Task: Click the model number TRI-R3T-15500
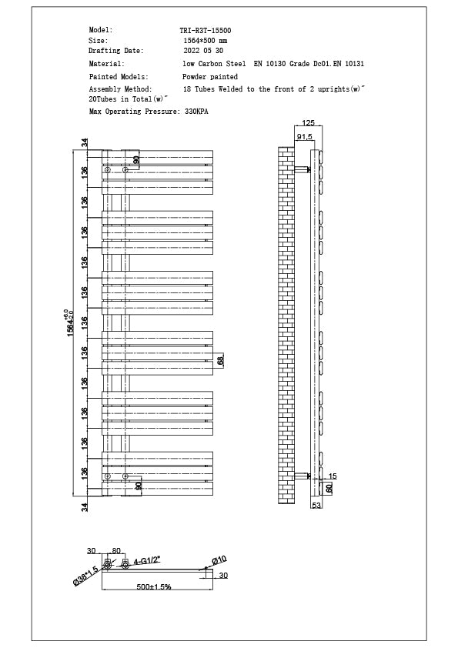point(205,30)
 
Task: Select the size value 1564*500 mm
point(205,40)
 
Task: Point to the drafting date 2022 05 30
point(202,50)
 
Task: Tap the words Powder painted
point(210,77)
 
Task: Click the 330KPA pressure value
point(196,112)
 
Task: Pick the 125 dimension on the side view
point(308,123)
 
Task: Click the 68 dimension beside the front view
point(220,360)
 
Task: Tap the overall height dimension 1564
point(69,322)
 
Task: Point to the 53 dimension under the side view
point(316,506)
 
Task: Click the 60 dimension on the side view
point(329,488)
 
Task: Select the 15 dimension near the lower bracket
point(333,476)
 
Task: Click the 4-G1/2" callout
point(147,562)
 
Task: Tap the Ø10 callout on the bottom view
point(219,559)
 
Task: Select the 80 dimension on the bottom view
point(117,550)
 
